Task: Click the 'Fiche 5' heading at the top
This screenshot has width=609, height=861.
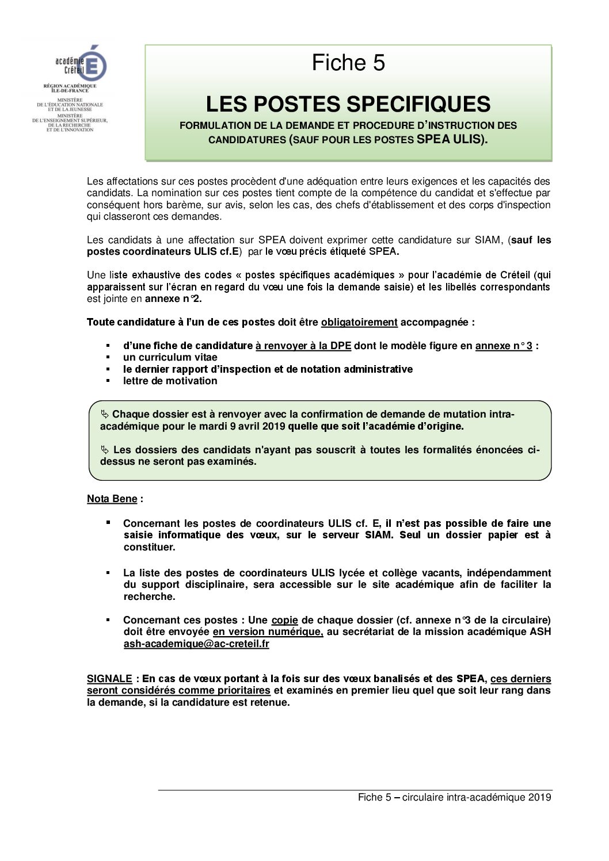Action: click(348, 63)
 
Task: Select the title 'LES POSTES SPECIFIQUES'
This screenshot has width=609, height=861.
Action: click(348, 104)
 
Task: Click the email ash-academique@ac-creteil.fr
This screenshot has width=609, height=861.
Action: click(196, 644)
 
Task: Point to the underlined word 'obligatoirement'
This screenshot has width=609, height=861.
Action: click(359, 322)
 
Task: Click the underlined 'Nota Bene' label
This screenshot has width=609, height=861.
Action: click(112, 499)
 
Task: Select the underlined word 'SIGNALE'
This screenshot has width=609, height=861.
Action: click(109, 679)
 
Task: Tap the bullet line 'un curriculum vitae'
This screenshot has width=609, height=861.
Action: click(170, 357)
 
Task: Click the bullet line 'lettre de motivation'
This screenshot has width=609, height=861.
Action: click(170, 381)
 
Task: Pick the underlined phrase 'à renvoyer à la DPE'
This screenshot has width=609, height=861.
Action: click(303, 346)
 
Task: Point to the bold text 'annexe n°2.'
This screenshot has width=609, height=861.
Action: click(173, 299)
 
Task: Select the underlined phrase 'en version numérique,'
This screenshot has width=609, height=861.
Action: click(268, 632)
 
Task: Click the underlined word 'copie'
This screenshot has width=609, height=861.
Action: click(284, 620)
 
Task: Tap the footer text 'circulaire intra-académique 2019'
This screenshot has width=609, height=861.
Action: click(477, 797)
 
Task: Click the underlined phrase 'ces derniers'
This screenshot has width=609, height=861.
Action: click(520, 679)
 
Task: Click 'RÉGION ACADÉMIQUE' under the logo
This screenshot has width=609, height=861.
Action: click(70, 86)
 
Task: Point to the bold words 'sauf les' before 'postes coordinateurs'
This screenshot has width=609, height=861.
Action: click(531, 240)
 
